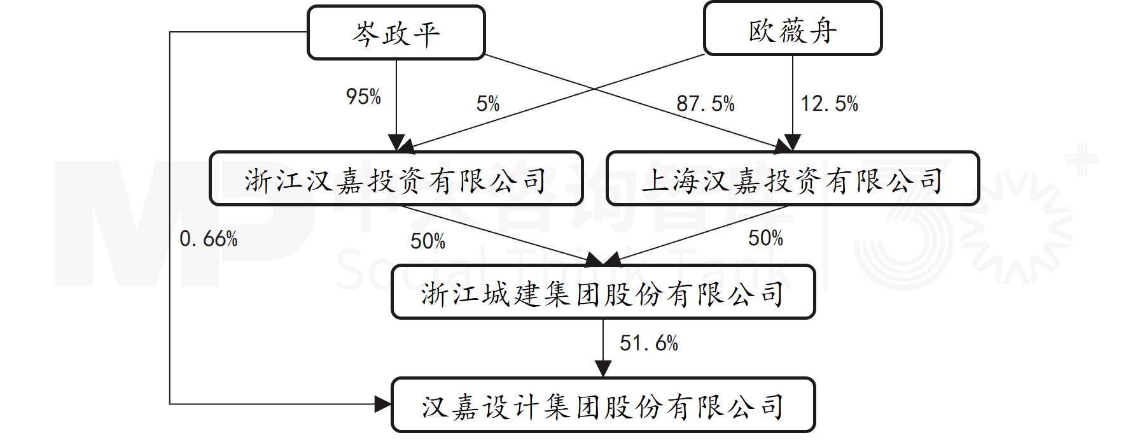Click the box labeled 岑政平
(396, 32)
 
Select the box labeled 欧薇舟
(792, 29)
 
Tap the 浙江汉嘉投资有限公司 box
(396, 179)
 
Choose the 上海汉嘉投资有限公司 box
(792, 179)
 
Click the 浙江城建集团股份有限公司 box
(602, 292)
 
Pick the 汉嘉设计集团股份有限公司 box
(602, 406)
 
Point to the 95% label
(363, 97)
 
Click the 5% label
(488, 104)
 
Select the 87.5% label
(705, 103)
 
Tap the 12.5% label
(829, 103)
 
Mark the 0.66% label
(208, 239)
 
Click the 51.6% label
(648, 343)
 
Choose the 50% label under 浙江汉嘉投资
(428, 241)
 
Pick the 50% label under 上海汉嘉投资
(765, 238)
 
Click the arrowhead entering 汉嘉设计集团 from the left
(383, 404)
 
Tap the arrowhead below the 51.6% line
(602, 369)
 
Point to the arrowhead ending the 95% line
(396, 143)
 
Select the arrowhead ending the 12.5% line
(792, 143)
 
